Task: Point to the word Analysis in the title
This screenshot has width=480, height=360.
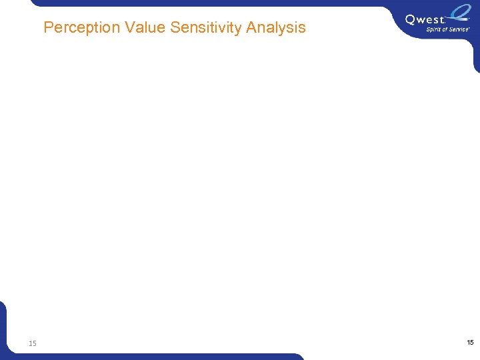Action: pos(276,28)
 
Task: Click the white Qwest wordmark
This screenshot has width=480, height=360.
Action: pos(425,19)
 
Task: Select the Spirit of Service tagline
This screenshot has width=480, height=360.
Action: pos(448,29)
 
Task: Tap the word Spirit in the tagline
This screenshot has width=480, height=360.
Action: pos(434,29)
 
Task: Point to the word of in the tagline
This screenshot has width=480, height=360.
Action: pos(446,29)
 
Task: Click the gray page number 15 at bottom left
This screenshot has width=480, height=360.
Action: pos(33,343)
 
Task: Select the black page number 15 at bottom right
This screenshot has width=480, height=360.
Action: pos(470,342)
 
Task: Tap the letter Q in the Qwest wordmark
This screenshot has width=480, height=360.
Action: pos(411,19)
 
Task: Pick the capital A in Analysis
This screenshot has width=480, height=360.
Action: pos(251,28)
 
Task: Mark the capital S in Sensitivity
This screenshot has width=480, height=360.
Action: pos(175,28)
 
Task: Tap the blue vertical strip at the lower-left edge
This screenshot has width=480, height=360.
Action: pos(3,327)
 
